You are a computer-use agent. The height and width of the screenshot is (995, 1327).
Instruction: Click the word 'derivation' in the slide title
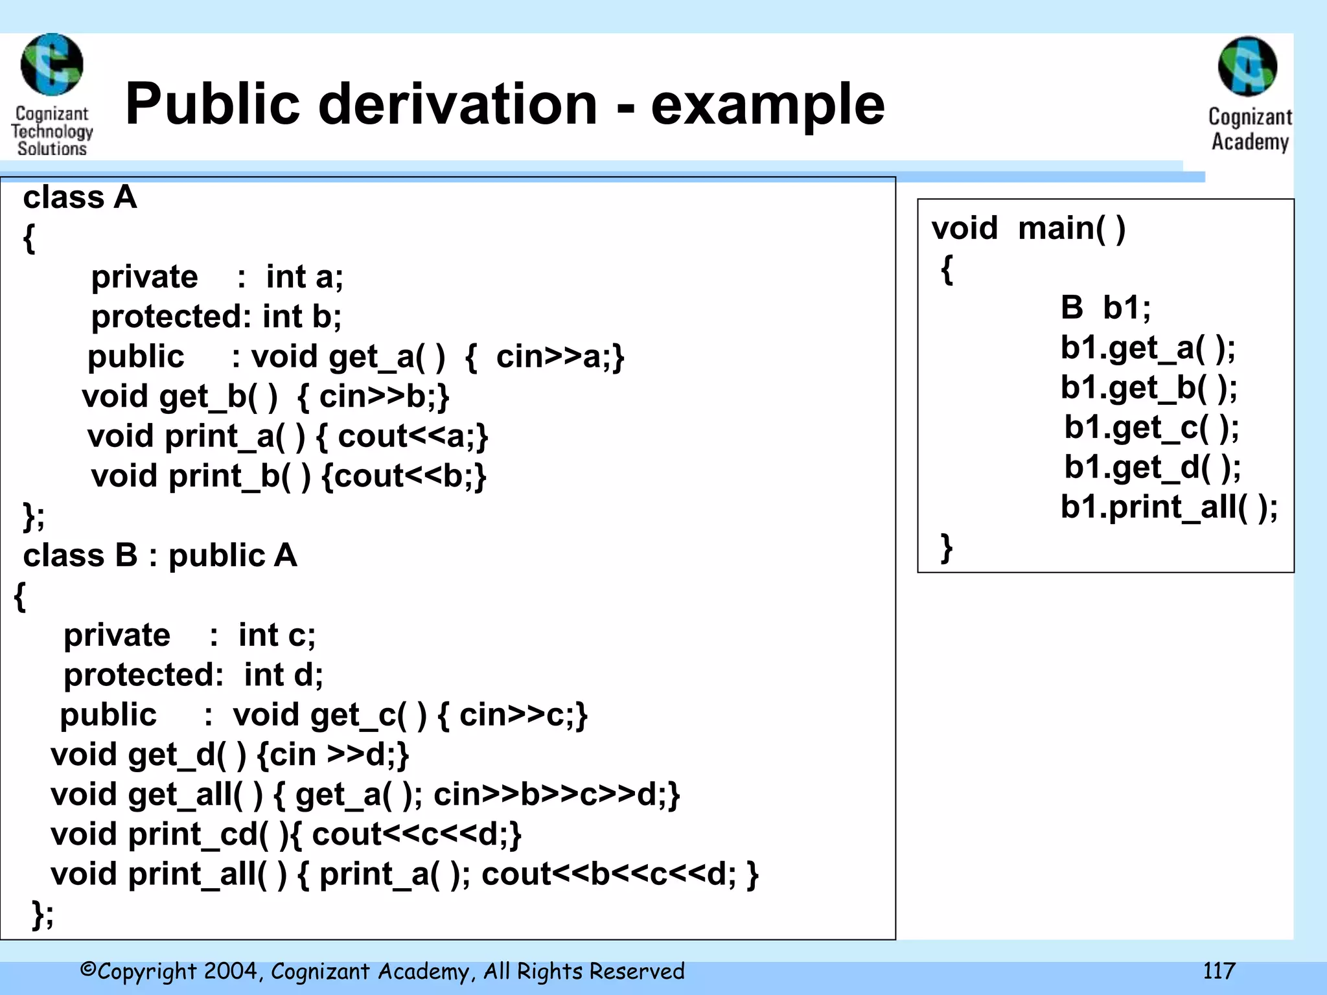click(457, 105)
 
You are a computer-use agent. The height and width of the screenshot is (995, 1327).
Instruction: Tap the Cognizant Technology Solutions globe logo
click(52, 65)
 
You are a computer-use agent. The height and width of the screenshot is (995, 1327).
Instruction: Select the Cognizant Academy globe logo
click(1248, 67)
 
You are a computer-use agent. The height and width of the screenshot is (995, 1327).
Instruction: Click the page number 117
click(1219, 971)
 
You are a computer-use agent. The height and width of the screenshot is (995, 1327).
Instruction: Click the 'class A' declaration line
click(80, 198)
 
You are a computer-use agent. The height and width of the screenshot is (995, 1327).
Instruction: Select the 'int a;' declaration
click(305, 277)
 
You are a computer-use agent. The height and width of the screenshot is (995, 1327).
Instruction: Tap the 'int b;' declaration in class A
click(302, 317)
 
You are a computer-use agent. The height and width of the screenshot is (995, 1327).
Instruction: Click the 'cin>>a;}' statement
click(560, 357)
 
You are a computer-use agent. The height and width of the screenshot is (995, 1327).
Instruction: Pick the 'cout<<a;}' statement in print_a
click(413, 436)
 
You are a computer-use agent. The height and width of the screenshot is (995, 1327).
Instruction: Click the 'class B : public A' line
click(160, 556)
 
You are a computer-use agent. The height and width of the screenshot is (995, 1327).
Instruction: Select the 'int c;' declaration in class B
click(277, 635)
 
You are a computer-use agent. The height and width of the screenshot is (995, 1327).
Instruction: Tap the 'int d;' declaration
click(283, 675)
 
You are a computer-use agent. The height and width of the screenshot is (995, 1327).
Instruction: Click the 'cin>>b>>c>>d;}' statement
click(557, 795)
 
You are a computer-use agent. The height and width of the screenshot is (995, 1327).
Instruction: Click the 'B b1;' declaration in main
click(1105, 308)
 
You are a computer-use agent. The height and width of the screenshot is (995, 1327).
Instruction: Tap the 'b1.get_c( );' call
click(1151, 428)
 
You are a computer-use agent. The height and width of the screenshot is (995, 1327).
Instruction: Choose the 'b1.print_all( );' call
click(1169, 507)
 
